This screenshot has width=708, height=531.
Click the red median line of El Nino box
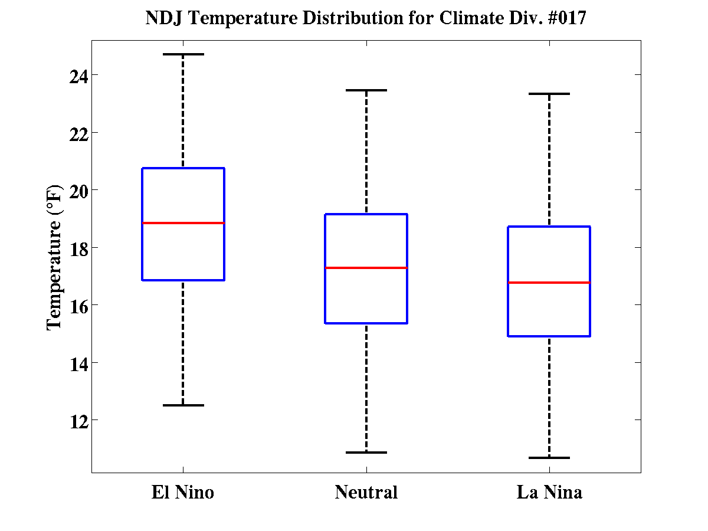183,223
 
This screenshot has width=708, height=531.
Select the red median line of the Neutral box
366,268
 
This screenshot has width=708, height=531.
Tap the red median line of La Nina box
549,283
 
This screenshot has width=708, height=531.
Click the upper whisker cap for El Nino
183,54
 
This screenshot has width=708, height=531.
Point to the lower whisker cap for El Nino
183,405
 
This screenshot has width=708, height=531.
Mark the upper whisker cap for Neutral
366,90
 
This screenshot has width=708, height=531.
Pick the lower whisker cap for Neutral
366,453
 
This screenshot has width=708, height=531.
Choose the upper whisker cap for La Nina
549,94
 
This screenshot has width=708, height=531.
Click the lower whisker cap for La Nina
549,458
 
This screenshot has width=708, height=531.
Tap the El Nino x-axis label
183,492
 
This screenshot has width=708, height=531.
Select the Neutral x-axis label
366,492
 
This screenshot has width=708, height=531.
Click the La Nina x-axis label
549,492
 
